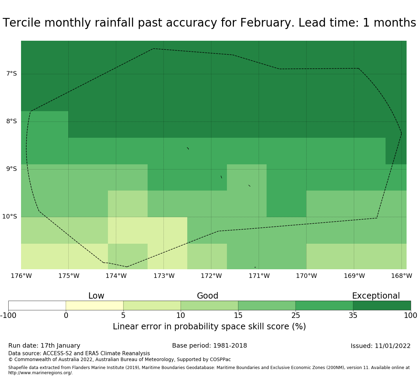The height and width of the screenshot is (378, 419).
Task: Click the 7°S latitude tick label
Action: click(11, 74)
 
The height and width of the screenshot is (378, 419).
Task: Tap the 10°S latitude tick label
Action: click(10, 216)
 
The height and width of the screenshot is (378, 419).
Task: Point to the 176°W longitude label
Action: click(21, 276)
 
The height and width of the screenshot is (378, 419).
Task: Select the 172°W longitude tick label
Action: click(211, 276)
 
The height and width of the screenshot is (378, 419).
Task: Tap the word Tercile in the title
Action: click(22, 23)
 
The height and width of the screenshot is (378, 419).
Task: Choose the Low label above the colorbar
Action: click(96, 296)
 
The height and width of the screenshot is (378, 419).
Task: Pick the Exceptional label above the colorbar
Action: click(376, 296)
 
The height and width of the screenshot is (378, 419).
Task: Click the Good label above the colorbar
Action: click(208, 296)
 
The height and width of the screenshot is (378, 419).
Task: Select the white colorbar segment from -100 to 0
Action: click(37, 306)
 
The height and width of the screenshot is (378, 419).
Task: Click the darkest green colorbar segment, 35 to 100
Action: click(382, 306)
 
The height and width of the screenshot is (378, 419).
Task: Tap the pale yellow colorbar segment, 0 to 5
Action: click(94, 306)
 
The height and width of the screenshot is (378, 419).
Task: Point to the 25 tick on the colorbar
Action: click(296, 315)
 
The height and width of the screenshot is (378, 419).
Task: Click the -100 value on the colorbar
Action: click(8, 315)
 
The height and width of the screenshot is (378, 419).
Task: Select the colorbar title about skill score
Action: click(209, 327)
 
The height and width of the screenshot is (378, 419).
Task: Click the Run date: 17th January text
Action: click(44, 346)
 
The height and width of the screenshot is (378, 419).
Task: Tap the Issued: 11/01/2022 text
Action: click(380, 346)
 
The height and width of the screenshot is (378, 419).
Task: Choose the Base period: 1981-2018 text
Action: click(209, 346)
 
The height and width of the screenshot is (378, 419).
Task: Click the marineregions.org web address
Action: click(40, 373)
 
